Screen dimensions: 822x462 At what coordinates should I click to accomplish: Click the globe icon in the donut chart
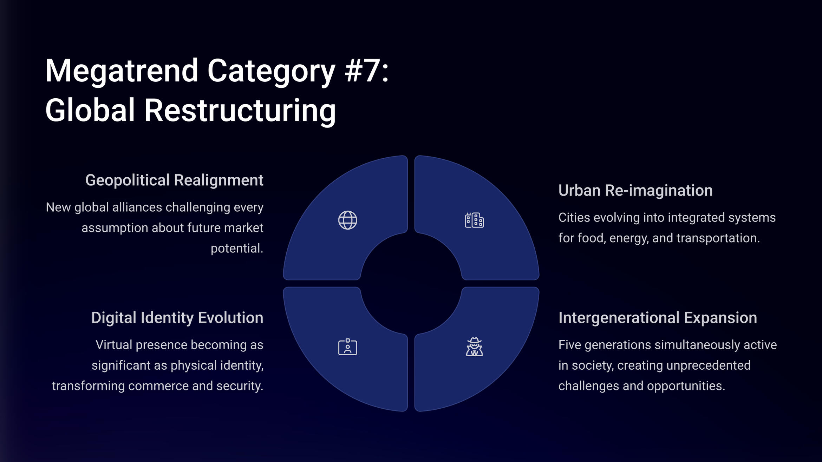(x=348, y=220)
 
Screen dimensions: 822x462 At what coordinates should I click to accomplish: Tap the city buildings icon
(x=474, y=220)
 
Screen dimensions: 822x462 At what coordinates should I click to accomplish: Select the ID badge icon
(x=348, y=347)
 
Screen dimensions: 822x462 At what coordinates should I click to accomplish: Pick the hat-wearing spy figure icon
(x=474, y=347)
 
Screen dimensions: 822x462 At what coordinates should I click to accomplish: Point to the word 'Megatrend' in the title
(x=122, y=71)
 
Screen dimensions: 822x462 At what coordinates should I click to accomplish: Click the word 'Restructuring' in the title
(x=240, y=111)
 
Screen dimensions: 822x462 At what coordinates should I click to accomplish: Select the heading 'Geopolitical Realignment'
(x=174, y=180)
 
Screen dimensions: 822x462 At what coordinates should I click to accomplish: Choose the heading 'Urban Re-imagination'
(x=635, y=190)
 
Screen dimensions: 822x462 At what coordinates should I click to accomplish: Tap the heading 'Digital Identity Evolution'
(x=177, y=318)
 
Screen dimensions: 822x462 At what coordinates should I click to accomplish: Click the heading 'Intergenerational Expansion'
(x=658, y=318)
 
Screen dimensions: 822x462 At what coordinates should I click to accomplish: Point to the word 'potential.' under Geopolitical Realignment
(x=237, y=249)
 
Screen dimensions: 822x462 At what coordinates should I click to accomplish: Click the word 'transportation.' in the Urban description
(x=718, y=238)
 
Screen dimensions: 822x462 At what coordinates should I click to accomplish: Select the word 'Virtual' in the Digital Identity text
(x=114, y=345)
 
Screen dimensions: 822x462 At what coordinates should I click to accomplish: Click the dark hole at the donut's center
(x=411, y=283)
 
